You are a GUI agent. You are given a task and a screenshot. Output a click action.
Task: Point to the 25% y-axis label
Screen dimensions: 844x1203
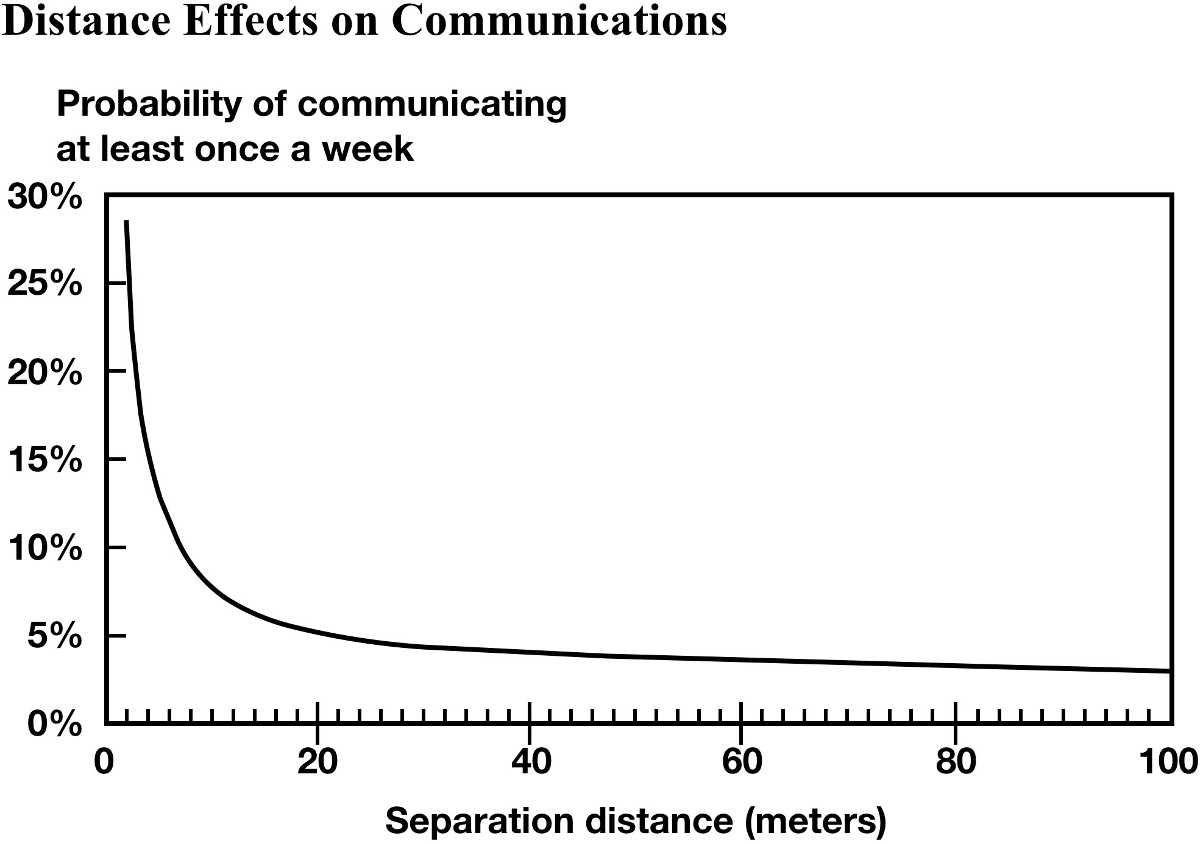[x=44, y=284]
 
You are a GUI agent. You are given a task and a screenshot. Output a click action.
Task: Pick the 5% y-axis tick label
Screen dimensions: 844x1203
[x=54, y=636]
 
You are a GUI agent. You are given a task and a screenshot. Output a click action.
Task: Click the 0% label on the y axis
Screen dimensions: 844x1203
[x=54, y=725]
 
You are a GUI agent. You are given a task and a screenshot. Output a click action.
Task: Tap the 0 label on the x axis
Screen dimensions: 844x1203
[x=104, y=762]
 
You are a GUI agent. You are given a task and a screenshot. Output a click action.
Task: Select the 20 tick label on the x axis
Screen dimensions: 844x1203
[x=318, y=762]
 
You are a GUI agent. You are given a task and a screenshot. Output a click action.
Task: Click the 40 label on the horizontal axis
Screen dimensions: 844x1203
[x=531, y=762]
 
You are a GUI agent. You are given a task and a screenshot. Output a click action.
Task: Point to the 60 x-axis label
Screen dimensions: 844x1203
[x=742, y=762]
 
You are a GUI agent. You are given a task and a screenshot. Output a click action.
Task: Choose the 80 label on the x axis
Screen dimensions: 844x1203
[x=956, y=762]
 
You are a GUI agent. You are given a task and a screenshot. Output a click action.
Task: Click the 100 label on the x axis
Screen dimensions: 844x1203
[x=1168, y=762]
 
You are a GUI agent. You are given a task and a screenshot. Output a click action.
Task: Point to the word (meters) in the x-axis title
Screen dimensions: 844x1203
[x=815, y=821]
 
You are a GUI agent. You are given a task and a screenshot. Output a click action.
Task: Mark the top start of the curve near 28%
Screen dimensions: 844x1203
[x=126, y=222]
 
